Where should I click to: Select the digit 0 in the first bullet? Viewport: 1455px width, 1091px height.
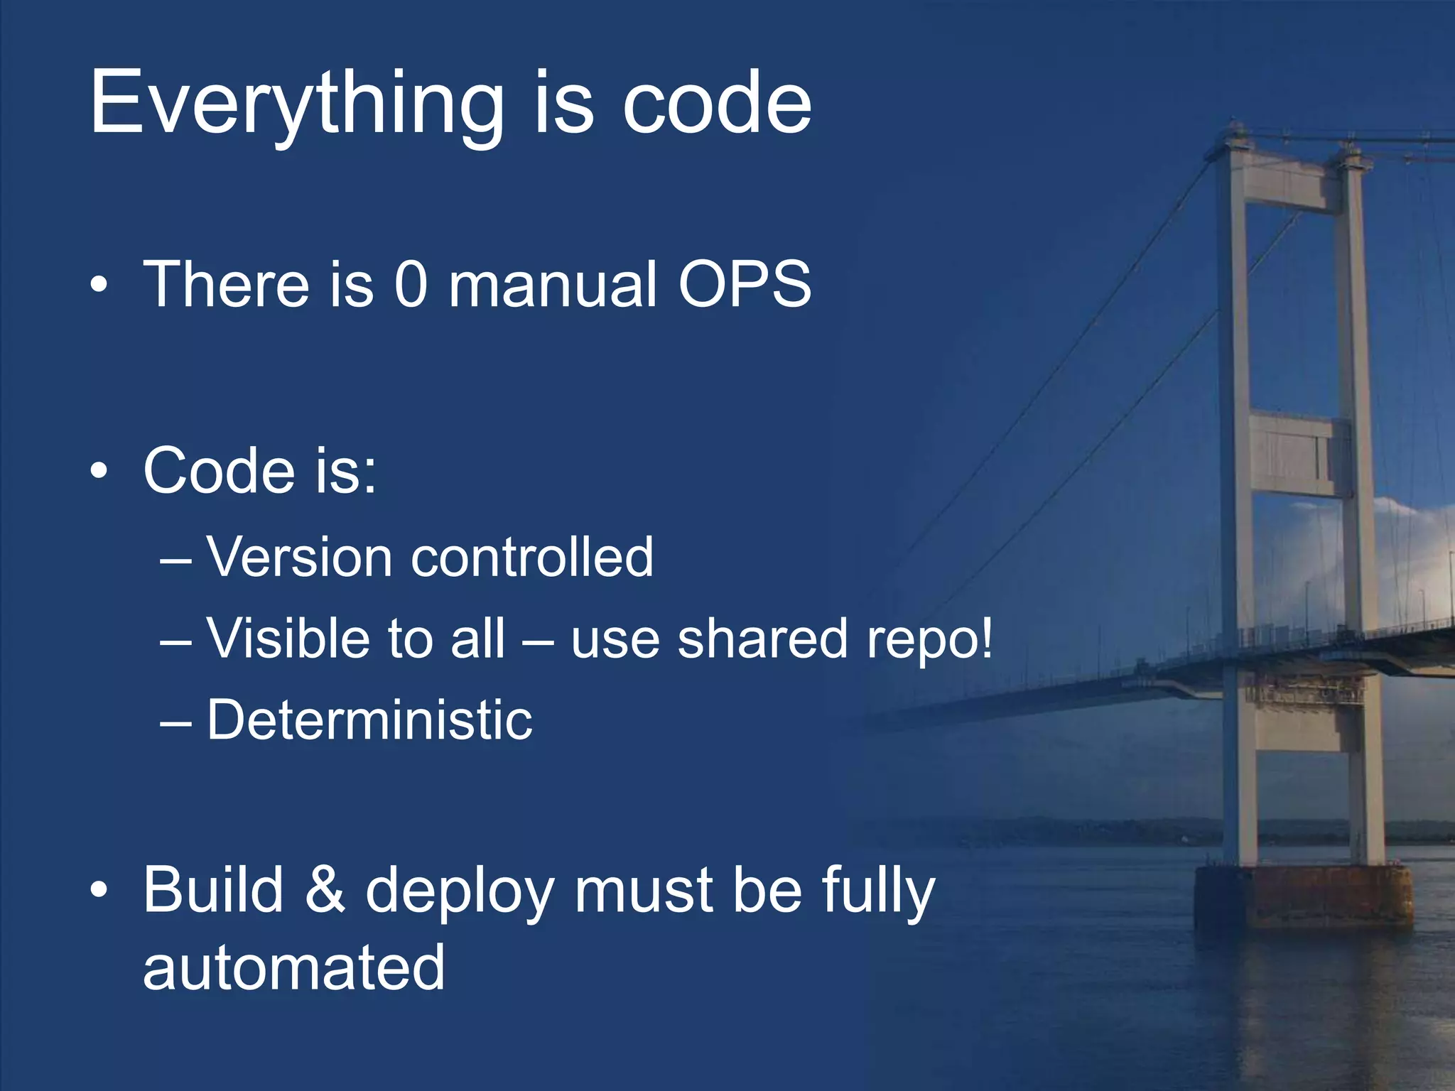tap(411, 284)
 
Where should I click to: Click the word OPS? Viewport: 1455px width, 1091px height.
tap(744, 284)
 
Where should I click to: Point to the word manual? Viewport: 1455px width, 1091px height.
tap(553, 284)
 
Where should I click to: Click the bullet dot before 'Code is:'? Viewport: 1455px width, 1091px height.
tap(99, 470)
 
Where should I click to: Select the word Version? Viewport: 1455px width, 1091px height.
tap(299, 557)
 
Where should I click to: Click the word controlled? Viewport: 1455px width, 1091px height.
tap(532, 557)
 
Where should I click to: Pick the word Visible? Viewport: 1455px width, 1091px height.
tap(288, 638)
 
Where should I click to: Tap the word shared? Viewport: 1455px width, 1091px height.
tap(762, 638)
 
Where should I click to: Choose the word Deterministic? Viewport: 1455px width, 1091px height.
tap(369, 720)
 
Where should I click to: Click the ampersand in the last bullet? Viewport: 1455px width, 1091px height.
tap(325, 889)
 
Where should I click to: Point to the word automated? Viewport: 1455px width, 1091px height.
tap(293, 967)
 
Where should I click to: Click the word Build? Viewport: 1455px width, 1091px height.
tap(213, 889)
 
